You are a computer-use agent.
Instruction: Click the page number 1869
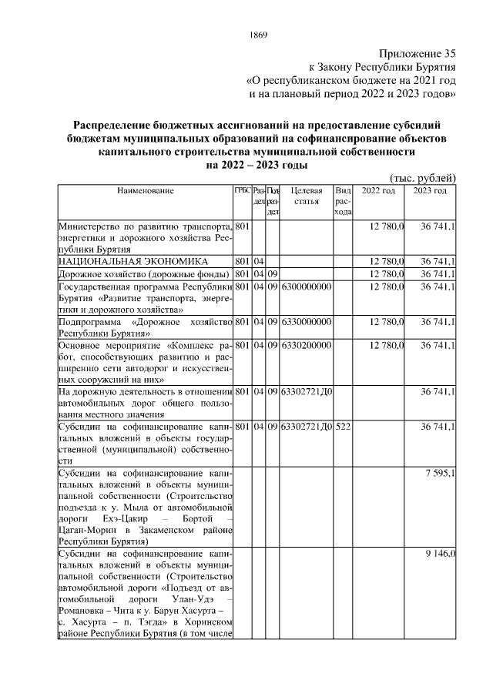tap(258, 35)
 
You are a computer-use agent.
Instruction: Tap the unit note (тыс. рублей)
tap(424, 179)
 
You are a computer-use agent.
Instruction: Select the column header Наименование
tap(146, 190)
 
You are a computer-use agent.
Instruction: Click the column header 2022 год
tap(378, 190)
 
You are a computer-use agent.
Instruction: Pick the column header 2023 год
tap(430, 190)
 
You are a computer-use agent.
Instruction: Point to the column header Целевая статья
tap(307, 196)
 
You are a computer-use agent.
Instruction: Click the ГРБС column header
tap(242, 190)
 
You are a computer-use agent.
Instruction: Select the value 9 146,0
tap(441, 554)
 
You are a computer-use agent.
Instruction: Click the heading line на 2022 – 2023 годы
tap(258, 165)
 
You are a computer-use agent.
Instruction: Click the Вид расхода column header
tap(344, 201)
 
